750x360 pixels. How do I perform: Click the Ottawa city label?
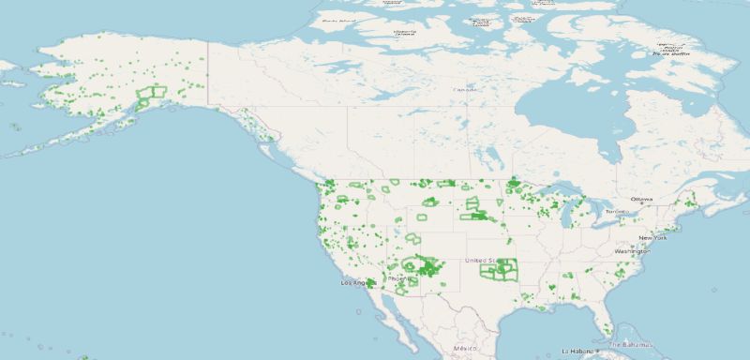[x=641, y=200]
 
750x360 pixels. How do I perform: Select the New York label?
[x=653, y=238]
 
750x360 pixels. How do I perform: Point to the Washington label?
[x=633, y=252]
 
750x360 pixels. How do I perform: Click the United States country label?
[x=484, y=260]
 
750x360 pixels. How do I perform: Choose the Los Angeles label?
[x=357, y=282]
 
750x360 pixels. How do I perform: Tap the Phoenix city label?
[x=397, y=278]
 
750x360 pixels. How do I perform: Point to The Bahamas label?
[x=638, y=346]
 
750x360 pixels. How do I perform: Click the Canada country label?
[x=465, y=90]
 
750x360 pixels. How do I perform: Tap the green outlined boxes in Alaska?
[x=151, y=95]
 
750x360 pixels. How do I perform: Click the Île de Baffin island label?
[x=669, y=51]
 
